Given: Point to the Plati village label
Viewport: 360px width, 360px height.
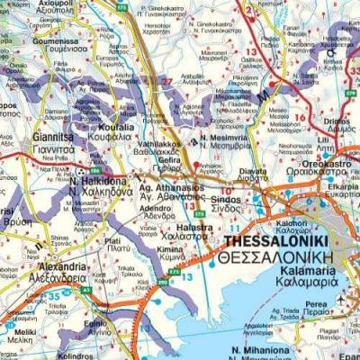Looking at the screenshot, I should [112, 241].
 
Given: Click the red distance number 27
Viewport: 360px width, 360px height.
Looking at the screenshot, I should [166, 81].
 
